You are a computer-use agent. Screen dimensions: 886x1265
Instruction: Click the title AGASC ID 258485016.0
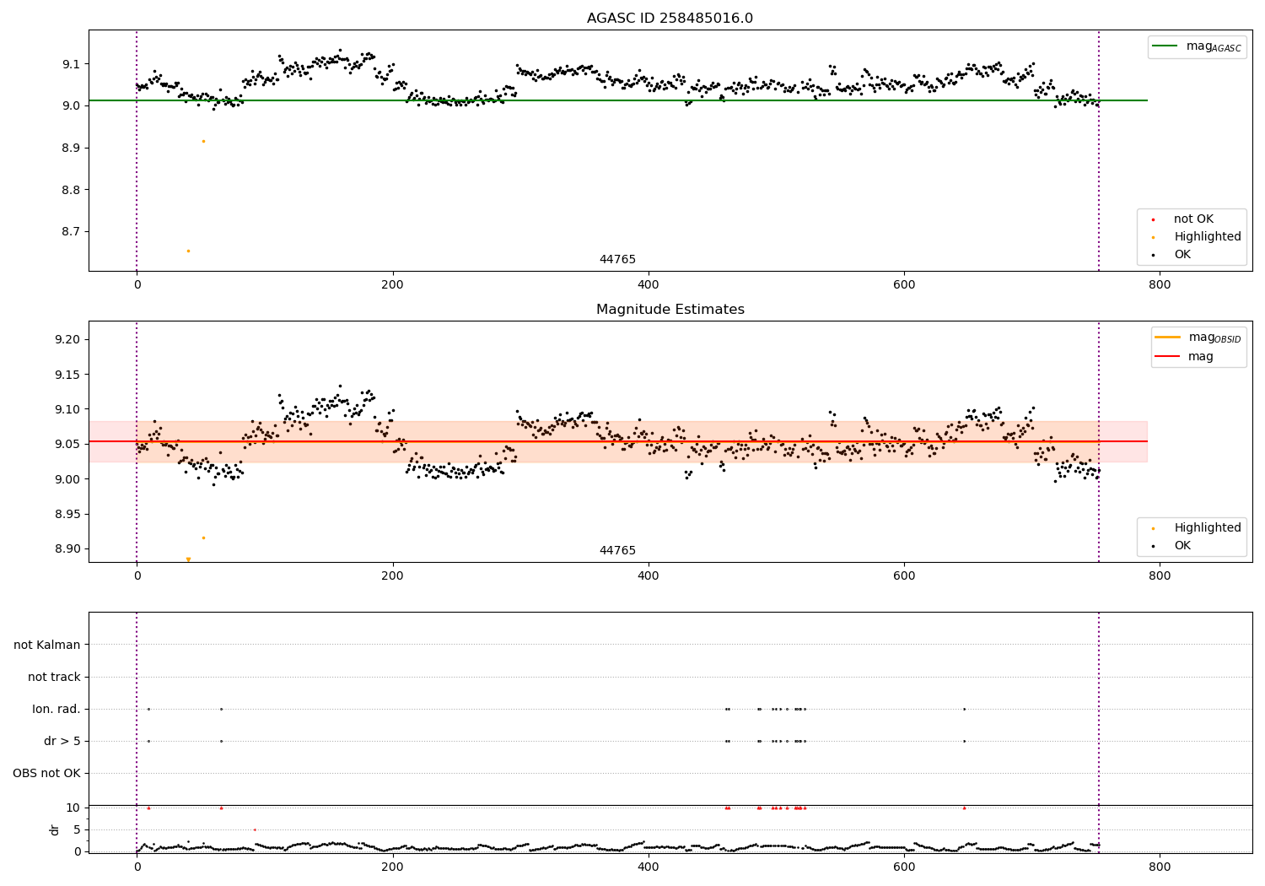[670, 19]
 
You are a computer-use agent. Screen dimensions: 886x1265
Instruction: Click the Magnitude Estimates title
[670, 310]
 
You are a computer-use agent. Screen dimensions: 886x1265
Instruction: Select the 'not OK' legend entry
[1193, 219]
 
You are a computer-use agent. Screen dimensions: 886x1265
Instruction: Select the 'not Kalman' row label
[47, 645]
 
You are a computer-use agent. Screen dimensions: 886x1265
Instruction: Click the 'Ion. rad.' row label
[57, 709]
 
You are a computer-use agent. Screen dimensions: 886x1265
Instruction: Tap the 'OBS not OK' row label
[46, 773]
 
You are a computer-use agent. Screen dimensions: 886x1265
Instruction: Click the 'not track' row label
[54, 677]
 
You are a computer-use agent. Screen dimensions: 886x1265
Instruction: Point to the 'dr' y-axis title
[55, 829]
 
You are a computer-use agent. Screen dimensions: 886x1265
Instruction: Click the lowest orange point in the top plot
[188, 251]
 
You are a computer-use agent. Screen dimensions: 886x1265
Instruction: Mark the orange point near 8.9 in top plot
[203, 141]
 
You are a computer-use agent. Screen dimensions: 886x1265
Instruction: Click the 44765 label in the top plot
[617, 259]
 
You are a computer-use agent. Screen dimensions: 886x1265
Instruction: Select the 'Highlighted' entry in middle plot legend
[1207, 527]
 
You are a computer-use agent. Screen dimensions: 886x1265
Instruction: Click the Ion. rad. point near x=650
[964, 709]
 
